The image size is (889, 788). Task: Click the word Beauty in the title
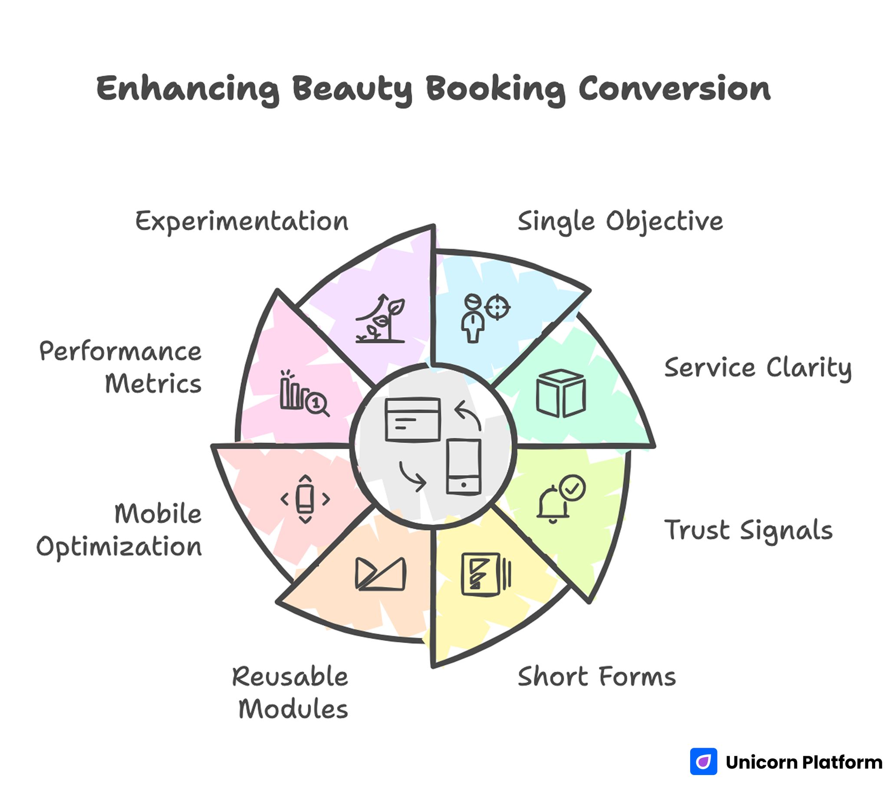(352, 89)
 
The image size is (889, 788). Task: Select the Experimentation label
(242, 221)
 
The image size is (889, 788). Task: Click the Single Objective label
(620, 221)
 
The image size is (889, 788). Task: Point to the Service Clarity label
(757, 368)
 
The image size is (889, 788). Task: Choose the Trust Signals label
(748, 530)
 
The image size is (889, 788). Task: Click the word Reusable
(290, 677)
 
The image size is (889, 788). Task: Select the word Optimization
(119, 547)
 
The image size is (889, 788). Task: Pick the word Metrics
(153, 384)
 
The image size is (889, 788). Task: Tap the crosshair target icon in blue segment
(497, 307)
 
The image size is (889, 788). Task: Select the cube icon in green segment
(561, 393)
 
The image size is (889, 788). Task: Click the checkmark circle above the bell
(572, 487)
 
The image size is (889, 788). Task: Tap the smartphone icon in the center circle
(464, 467)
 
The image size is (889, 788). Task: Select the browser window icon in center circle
(413, 419)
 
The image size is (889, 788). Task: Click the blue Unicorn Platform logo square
(703, 762)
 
